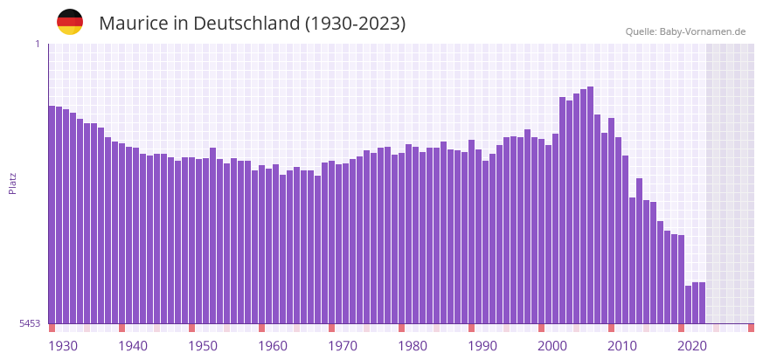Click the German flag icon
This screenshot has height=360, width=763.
tap(70, 23)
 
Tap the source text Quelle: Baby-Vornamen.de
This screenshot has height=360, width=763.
tap(685, 31)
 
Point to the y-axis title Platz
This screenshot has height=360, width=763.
tap(12, 183)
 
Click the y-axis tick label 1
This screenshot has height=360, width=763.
tap(37, 45)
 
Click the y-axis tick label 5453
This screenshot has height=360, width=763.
tap(30, 323)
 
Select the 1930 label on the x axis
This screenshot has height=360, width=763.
tap(63, 346)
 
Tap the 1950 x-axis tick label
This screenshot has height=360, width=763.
tap(203, 346)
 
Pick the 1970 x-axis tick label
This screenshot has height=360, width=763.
tap(343, 346)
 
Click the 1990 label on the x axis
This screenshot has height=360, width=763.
tap(482, 346)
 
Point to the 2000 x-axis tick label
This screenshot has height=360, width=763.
tap(552, 346)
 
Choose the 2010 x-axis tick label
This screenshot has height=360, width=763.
tap(622, 346)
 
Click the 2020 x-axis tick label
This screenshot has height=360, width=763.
tap(692, 346)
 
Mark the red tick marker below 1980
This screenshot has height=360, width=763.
tap(401, 328)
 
